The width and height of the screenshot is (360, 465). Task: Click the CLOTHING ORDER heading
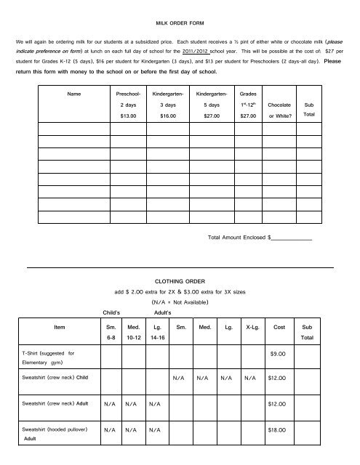tap(180, 280)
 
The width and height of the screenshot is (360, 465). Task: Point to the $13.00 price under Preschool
tap(128, 115)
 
